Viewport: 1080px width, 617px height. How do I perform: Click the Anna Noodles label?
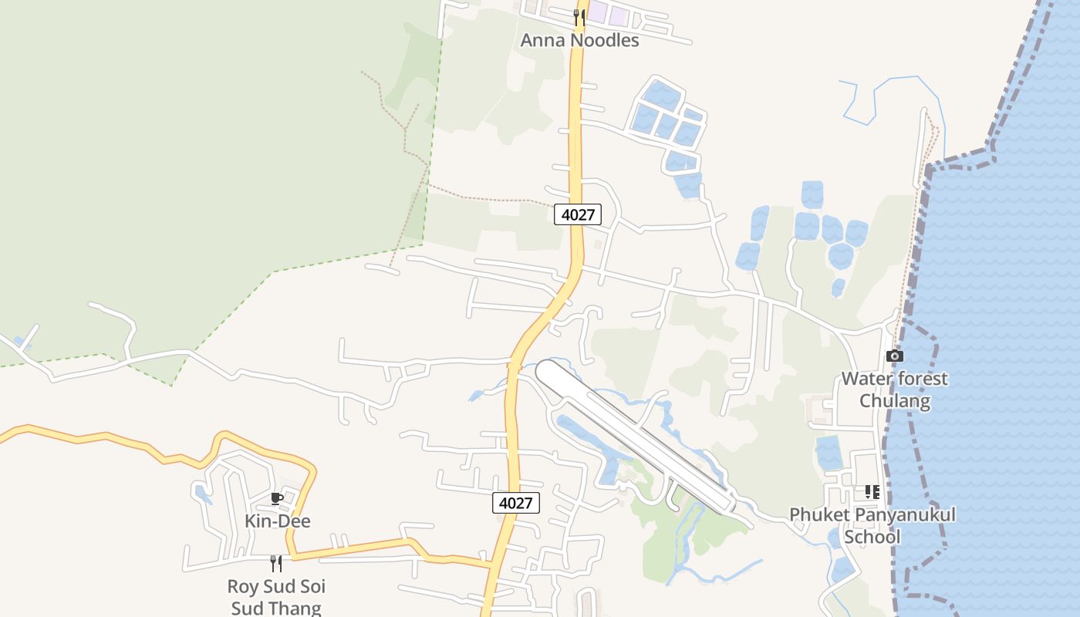(x=579, y=40)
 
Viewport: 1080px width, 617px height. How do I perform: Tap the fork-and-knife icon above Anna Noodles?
(x=579, y=17)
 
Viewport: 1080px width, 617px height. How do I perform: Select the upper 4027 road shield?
(x=577, y=214)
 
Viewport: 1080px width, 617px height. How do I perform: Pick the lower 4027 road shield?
(x=515, y=503)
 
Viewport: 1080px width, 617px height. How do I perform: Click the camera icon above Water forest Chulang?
(x=894, y=356)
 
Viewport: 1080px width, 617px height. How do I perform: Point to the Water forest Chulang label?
(x=894, y=389)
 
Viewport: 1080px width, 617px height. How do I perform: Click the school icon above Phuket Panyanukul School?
(x=872, y=491)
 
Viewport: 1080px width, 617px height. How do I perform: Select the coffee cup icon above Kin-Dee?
(x=277, y=498)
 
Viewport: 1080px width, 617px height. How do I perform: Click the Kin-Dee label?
(x=277, y=521)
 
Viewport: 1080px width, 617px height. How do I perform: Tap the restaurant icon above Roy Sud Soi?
(x=276, y=564)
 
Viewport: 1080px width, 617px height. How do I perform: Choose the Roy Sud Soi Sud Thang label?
(x=276, y=597)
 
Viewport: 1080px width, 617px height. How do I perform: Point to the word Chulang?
(x=894, y=401)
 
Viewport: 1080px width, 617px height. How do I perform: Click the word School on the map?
(x=872, y=537)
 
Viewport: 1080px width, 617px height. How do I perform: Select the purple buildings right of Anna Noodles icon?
(x=608, y=13)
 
